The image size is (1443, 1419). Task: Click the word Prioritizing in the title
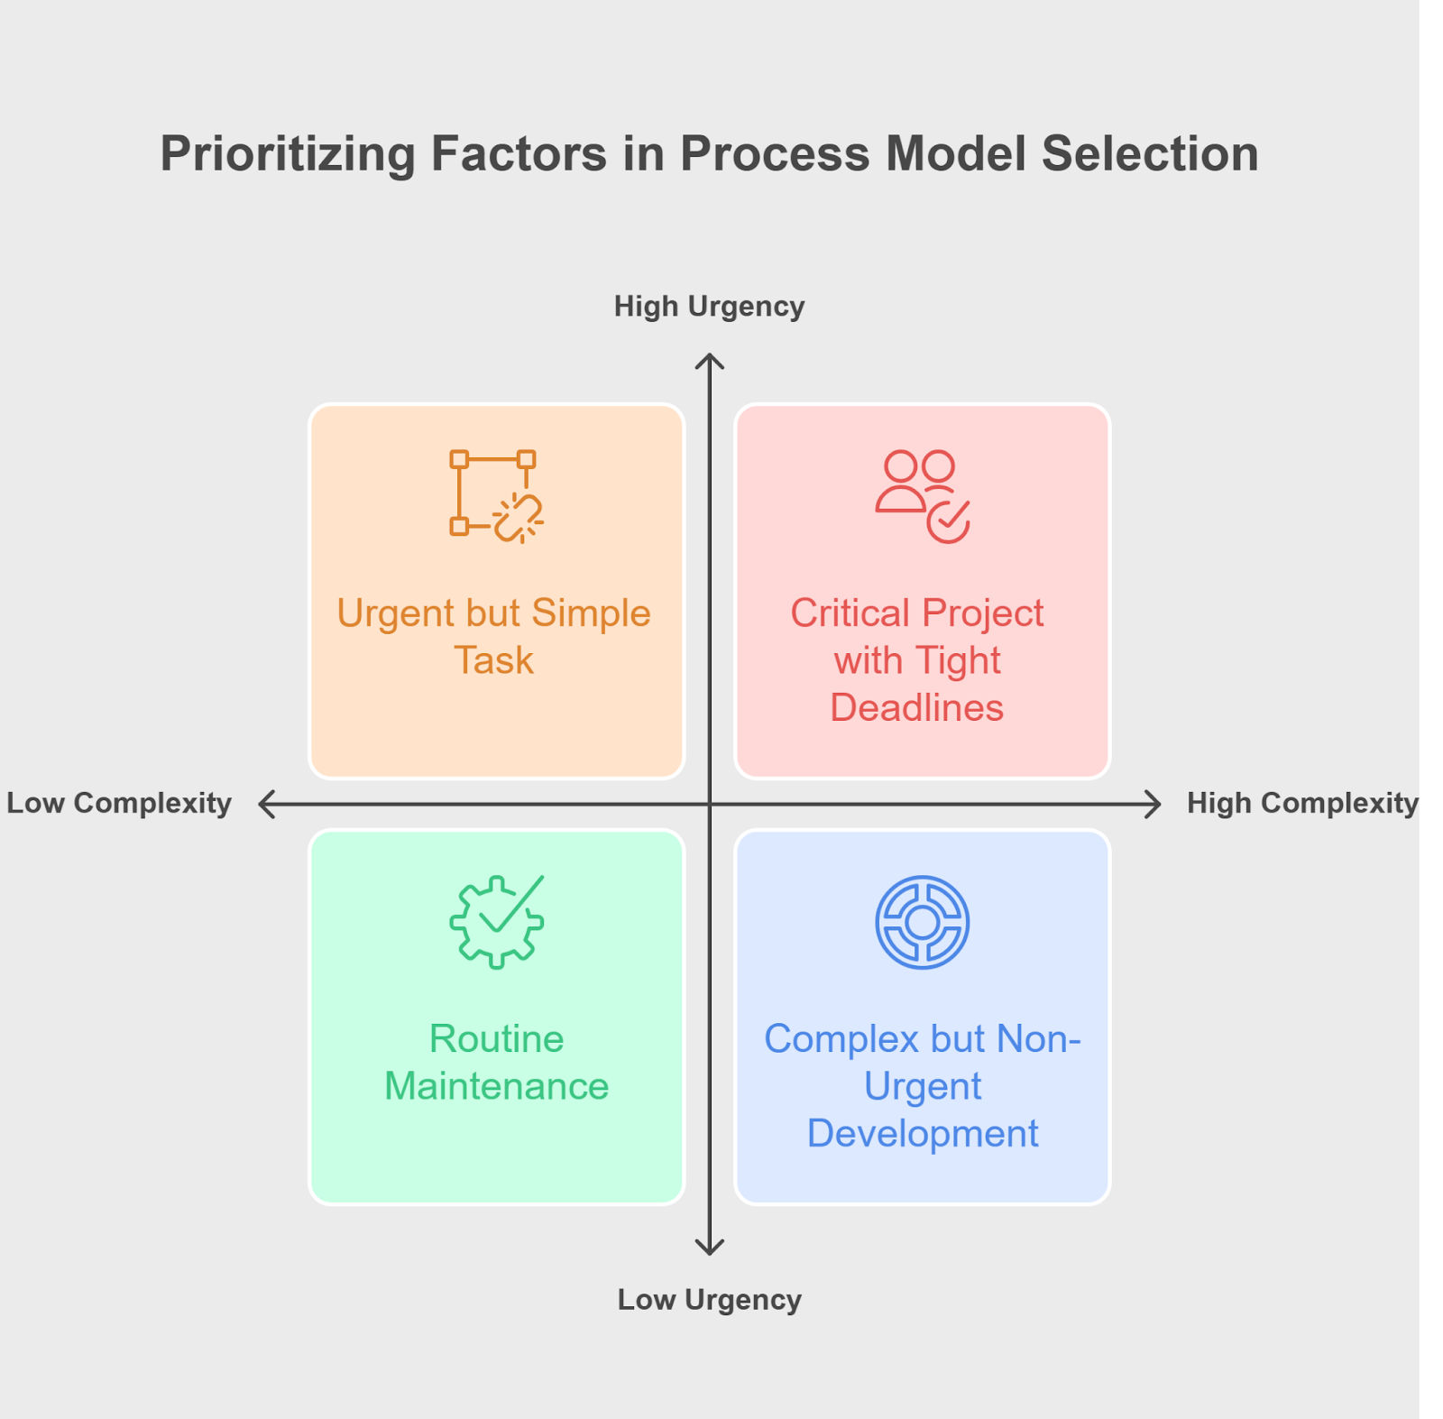288,154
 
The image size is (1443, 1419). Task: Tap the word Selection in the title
1150,154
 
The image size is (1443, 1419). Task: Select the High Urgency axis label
709,307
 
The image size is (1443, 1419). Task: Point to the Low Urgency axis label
709,1300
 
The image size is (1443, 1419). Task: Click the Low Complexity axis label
119,803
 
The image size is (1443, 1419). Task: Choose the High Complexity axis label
1301,803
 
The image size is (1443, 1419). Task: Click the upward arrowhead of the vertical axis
710,360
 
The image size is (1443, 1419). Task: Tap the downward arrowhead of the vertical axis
710,1249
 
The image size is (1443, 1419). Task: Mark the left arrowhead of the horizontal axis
265,804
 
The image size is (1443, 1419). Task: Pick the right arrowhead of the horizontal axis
1153,804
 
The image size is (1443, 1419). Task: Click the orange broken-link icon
496,496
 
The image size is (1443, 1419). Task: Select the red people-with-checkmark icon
922,496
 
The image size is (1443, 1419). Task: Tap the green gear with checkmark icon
496,922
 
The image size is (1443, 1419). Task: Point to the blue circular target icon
922,922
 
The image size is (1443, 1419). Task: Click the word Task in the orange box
493,660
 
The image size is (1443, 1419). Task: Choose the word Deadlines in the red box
916,708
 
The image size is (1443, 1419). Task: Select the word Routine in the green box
496,1039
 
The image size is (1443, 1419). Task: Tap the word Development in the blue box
922,1134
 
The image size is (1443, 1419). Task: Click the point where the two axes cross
710,804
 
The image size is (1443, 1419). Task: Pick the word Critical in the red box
850,613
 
